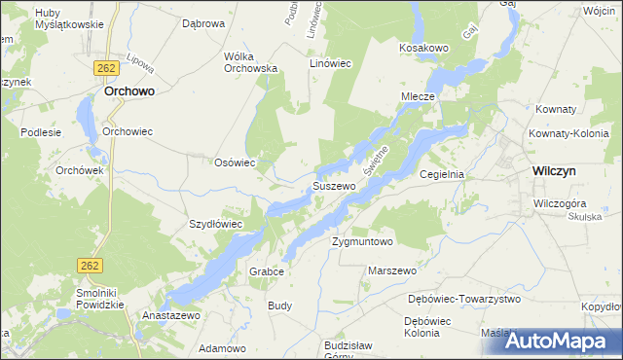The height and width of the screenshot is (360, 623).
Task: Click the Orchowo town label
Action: [130, 92]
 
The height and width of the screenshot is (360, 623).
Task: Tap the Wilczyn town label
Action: [558, 170]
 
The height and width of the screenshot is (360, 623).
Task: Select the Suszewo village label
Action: [333, 186]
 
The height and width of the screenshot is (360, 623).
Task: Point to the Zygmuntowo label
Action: [362, 240]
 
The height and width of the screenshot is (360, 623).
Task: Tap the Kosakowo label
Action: [422, 47]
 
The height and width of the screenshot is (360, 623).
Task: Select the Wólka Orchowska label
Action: [251, 62]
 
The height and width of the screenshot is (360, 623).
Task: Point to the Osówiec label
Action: [235, 163]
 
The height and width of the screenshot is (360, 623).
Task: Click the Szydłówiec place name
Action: [215, 224]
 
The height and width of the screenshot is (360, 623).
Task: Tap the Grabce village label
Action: [266, 270]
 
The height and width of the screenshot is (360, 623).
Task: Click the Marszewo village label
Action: [392, 270]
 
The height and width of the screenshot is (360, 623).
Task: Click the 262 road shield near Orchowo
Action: [107, 67]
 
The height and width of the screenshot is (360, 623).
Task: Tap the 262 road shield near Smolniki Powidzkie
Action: [88, 264]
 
